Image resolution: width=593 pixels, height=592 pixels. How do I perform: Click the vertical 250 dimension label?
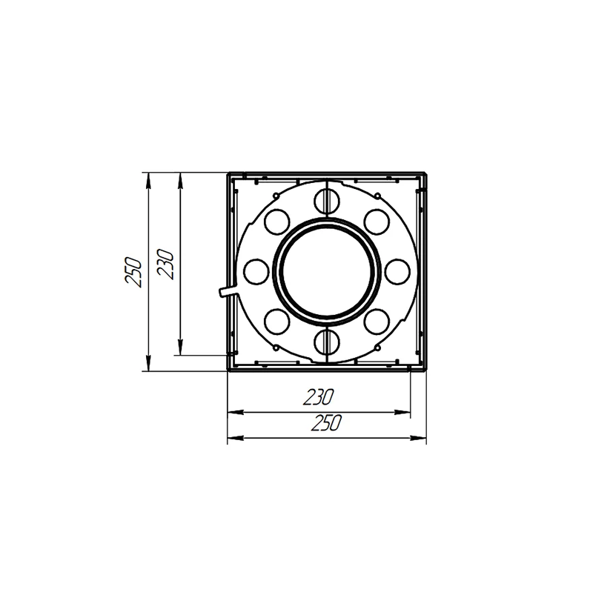[x=133, y=272]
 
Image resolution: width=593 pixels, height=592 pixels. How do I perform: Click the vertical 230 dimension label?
[x=165, y=264]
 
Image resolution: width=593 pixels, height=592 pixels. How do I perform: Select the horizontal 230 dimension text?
[x=319, y=397]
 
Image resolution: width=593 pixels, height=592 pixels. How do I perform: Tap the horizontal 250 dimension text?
[x=325, y=422]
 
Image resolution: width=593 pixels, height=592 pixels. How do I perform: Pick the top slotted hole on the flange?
[x=327, y=200]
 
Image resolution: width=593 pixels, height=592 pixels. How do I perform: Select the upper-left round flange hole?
[x=276, y=221]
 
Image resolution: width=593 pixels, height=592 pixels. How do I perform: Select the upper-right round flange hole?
[x=377, y=221]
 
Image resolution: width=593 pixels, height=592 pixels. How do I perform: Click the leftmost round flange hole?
[x=256, y=271]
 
